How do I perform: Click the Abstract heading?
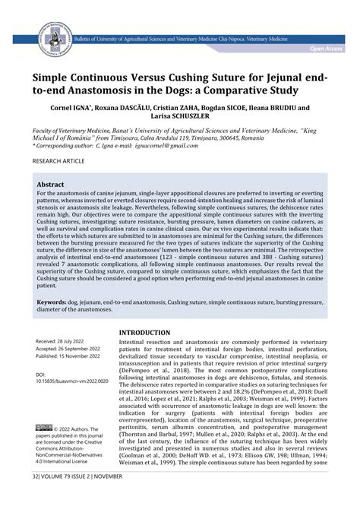[50, 185]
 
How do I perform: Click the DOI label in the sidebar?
[41, 375]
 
